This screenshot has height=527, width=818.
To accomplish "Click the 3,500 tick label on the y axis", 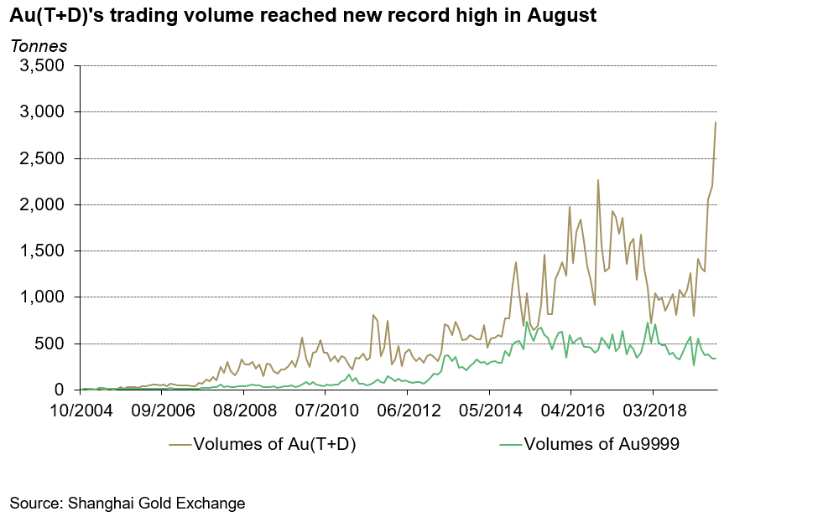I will pos(42,66).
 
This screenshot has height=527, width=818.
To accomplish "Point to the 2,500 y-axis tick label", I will pos(42,158).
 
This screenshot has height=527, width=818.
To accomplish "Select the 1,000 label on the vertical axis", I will pos(42,297).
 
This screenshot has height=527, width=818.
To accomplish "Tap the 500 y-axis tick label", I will pos(50,344).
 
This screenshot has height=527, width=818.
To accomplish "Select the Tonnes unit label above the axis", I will pos(38,45).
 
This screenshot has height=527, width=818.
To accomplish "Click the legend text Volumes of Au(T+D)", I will pos(275,445).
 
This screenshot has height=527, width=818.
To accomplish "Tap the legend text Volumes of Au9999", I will pos(601,445).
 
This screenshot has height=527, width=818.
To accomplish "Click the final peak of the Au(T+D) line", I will pos(716,122).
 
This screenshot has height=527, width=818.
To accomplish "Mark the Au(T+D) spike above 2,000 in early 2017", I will pos(598,180).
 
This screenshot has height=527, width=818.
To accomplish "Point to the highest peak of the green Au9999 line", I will pos(647,323).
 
